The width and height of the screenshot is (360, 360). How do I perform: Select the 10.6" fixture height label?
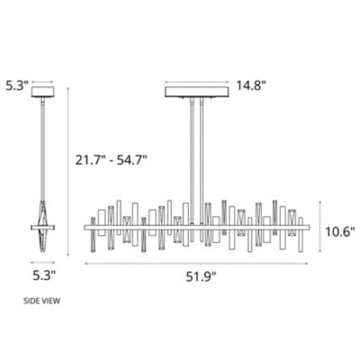(x=339, y=230)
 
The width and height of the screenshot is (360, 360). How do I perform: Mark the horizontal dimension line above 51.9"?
(x=200, y=263)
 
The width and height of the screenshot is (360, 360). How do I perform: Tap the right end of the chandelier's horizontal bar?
(x=311, y=226)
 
